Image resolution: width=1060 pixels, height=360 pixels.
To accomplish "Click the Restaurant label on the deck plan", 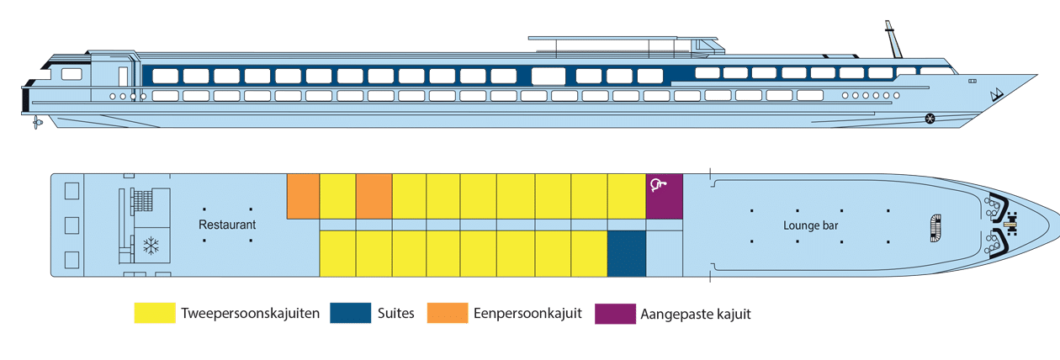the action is pyautogui.click(x=227, y=225).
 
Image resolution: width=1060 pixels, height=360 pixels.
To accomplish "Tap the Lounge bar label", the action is pyautogui.click(x=811, y=225).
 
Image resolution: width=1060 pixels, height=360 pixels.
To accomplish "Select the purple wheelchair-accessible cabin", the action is pyautogui.click(x=665, y=196).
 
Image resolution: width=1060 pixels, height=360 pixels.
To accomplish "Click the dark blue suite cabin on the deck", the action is pyautogui.click(x=627, y=253).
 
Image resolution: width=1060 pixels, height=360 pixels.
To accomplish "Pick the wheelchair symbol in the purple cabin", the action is pyautogui.click(x=658, y=185).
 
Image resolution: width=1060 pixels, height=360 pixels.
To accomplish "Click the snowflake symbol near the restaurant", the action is pyautogui.click(x=151, y=246).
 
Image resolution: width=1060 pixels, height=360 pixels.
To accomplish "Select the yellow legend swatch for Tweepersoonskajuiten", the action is pyautogui.click(x=155, y=313).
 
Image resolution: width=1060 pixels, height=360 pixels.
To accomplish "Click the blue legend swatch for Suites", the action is pyautogui.click(x=351, y=313).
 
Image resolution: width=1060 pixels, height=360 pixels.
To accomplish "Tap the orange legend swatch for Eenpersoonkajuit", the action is pyautogui.click(x=448, y=313).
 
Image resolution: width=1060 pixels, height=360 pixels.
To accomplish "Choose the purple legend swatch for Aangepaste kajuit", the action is pyautogui.click(x=615, y=314).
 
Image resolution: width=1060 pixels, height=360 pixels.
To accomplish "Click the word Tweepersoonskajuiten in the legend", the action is pyautogui.click(x=251, y=314).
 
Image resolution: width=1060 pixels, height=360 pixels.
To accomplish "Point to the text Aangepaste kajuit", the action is pyautogui.click(x=696, y=314).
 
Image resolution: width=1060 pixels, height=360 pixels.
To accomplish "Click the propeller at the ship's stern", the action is pyautogui.click(x=37, y=123).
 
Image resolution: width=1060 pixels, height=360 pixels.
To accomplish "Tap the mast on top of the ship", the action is pyautogui.click(x=893, y=40).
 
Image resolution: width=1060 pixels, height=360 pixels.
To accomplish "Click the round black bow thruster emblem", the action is pyautogui.click(x=930, y=119).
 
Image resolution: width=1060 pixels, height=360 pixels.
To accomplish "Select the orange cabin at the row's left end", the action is pyautogui.click(x=304, y=196).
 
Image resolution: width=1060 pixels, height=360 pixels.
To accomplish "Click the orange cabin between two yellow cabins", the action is pyautogui.click(x=374, y=196).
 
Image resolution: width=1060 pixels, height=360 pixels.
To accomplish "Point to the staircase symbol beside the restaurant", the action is pyautogui.click(x=142, y=201).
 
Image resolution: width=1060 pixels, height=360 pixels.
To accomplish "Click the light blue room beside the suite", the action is pyautogui.click(x=665, y=253).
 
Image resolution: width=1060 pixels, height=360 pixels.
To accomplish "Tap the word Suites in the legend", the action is pyautogui.click(x=395, y=313).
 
